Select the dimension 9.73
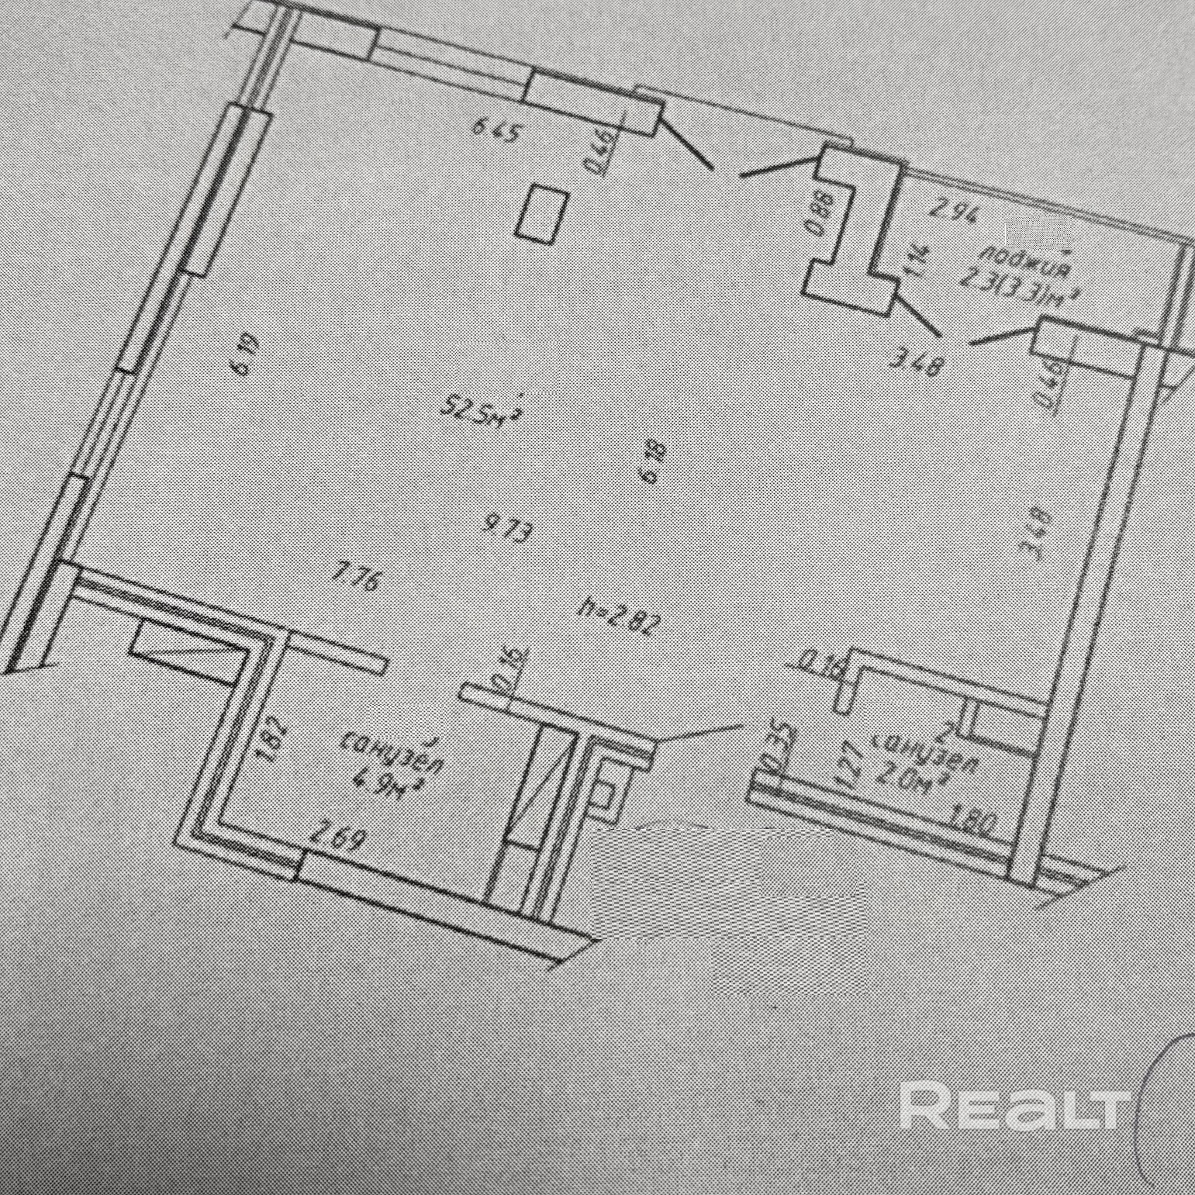(x=509, y=531)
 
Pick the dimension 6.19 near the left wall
(x=243, y=355)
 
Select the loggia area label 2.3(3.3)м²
(x=1019, y=288)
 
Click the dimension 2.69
(x=337, y=837)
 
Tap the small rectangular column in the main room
(x=543, y=215)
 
